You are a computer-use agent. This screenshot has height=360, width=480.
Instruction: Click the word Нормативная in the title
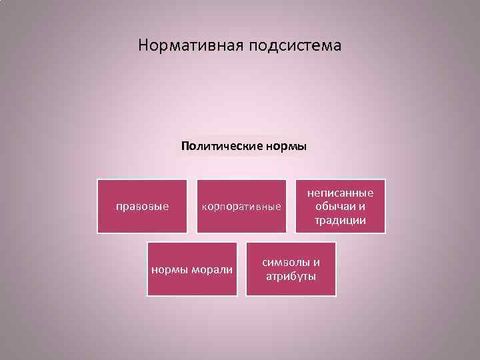click(x=191, y=46)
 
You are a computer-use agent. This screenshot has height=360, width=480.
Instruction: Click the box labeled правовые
click(x=141, y=206)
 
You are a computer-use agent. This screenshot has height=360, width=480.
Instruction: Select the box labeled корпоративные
click(x=241, y=206)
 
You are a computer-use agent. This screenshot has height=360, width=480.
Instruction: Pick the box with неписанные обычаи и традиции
click(x=340, y=206)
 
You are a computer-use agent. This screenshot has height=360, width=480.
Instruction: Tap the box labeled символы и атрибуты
click(x=291, y=269)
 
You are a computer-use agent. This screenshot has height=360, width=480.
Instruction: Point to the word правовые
click(x=142, y=206)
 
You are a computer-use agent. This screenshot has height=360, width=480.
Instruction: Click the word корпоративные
click(x=241, y=207)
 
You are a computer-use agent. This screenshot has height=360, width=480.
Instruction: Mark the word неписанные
click(x=340, y=193)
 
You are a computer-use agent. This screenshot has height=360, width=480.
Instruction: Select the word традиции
click(x=340, y=220)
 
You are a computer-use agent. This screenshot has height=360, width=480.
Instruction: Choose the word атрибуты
click(x=291, y=276)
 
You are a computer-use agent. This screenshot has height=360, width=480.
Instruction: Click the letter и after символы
click(x=316, y=262)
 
